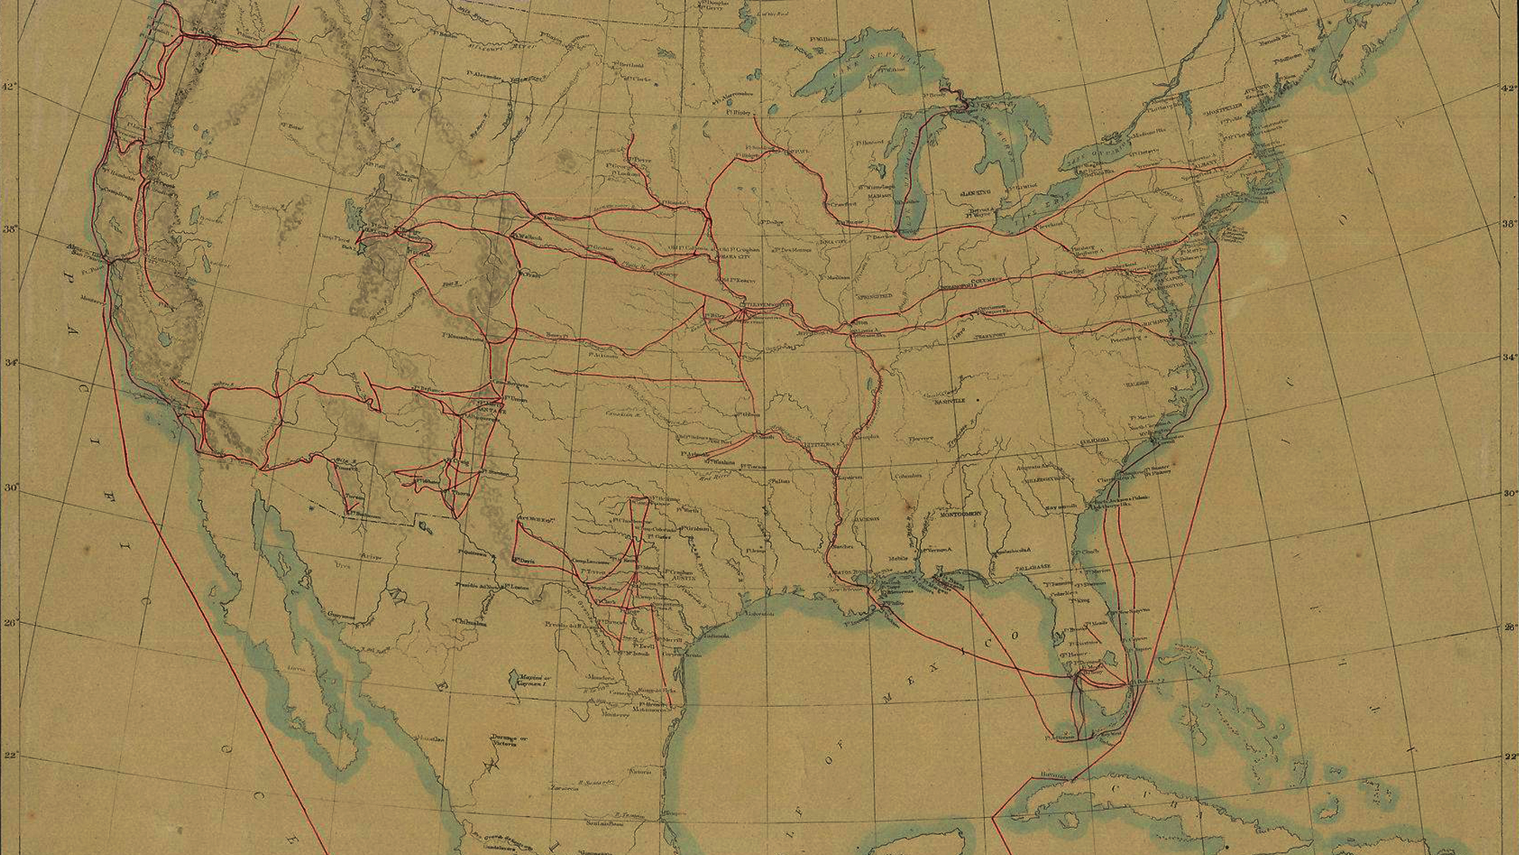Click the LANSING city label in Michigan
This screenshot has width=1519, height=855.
(975, 192)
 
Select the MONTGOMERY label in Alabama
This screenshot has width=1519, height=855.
(960, 514)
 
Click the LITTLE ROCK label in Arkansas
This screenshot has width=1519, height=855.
(825, 446)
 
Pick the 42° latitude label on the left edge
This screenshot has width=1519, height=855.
(7, 86)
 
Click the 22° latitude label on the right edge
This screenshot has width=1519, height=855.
(1509, 757)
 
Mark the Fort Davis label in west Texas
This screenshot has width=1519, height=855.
(524, 560)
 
